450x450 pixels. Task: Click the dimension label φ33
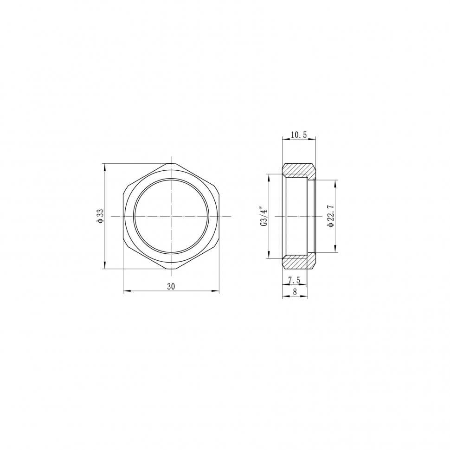coord(100,216)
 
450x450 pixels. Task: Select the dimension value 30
coord(171,286)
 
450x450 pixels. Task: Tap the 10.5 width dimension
coord(299,135)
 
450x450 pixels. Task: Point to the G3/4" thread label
coord(264,216)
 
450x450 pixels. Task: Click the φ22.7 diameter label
coord(331,216)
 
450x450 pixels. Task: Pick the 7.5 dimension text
coord(294,280)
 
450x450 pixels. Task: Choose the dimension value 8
coord(295,291)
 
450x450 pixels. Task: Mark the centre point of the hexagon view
coord(171,216)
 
